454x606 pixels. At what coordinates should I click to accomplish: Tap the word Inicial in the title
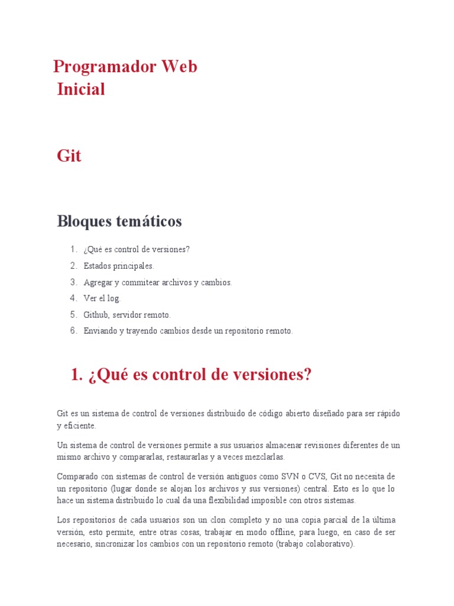pyautogui.click(x=81, y=89)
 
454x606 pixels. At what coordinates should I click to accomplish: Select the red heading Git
pyautogui.click(x=69, y=156)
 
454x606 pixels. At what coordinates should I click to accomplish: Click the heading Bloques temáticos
pyautogui.click(x=119, y=222)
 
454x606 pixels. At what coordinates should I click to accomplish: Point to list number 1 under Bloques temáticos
pyautogui.click(x=73, y=250)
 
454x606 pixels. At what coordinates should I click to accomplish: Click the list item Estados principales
pyautogui.click(x=119, y=266)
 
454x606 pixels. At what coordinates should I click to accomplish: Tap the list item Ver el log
pyautogui.click(x=102, y=299)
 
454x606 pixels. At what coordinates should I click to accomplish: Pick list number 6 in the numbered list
pyautogui.click(x=73, y=331)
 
